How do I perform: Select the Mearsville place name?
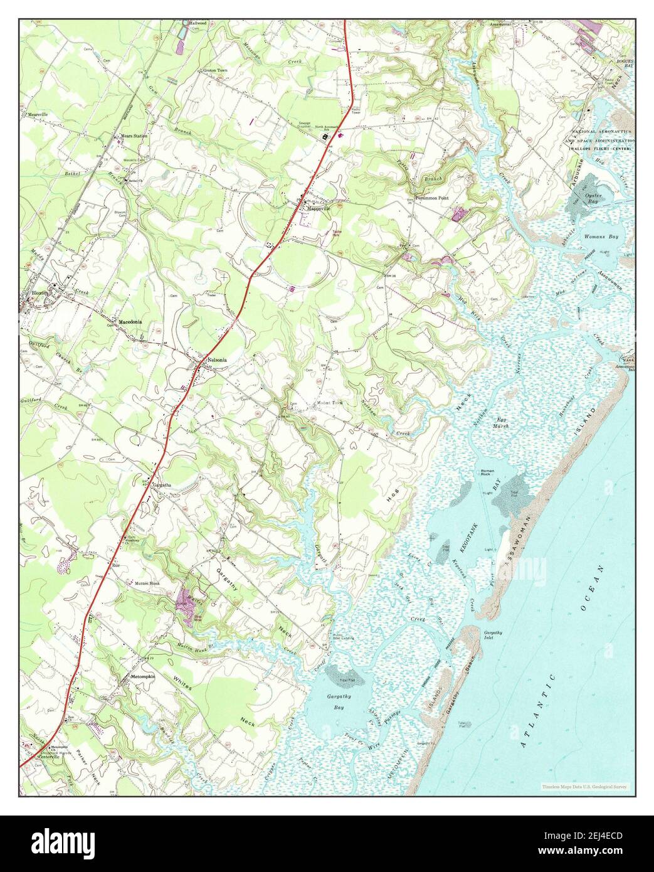[38, 115]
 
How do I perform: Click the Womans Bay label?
[601, 237]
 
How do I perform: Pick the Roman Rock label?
[488, 474]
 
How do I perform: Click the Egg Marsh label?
[500, 422]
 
